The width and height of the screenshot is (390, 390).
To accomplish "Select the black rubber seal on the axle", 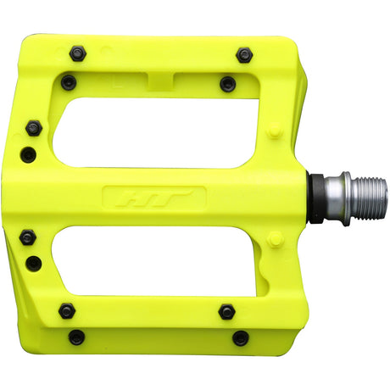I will (x=315, y=198).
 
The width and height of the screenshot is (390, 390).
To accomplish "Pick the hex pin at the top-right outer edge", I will (x=244, y=55).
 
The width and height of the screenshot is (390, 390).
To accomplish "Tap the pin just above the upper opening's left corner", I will (x=69, y=82).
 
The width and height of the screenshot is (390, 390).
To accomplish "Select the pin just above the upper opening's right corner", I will (x=227, y=83).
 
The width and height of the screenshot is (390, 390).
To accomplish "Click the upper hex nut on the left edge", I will (x=33, y=128).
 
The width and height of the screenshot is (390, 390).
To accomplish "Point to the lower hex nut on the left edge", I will (x=28, y=237).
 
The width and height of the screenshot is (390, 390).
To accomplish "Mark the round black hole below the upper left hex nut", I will (x=29, y=154).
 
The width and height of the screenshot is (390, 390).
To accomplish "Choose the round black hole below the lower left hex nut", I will (x=34, y=263).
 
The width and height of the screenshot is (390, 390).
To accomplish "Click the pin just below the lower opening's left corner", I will (x=67, y=311).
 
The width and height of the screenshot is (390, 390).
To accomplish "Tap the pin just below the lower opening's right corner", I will (x=226, y=311).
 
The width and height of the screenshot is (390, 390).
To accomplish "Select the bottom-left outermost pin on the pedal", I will (x=76, y=337).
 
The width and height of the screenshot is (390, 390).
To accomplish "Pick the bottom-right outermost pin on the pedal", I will (x=241, y=337).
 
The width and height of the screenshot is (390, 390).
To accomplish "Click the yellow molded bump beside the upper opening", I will (x=274, y=131).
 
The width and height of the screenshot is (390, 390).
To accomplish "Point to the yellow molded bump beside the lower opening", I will (x=274, y=240).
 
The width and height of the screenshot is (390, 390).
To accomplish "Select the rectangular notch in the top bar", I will (x=162, y=81).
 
